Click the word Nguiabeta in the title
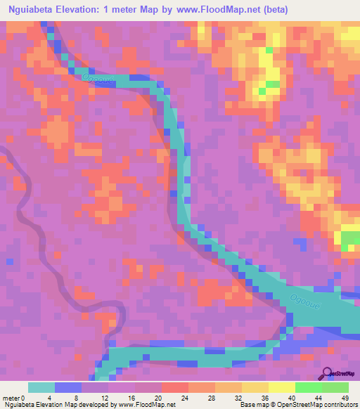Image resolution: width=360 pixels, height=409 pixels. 33,11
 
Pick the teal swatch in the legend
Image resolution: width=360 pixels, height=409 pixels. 41,387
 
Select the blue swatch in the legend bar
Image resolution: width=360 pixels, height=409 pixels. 68,387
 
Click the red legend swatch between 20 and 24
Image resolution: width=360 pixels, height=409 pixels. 174,387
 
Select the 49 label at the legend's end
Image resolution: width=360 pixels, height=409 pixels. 345,398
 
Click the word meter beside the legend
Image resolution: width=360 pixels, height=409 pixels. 11,398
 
